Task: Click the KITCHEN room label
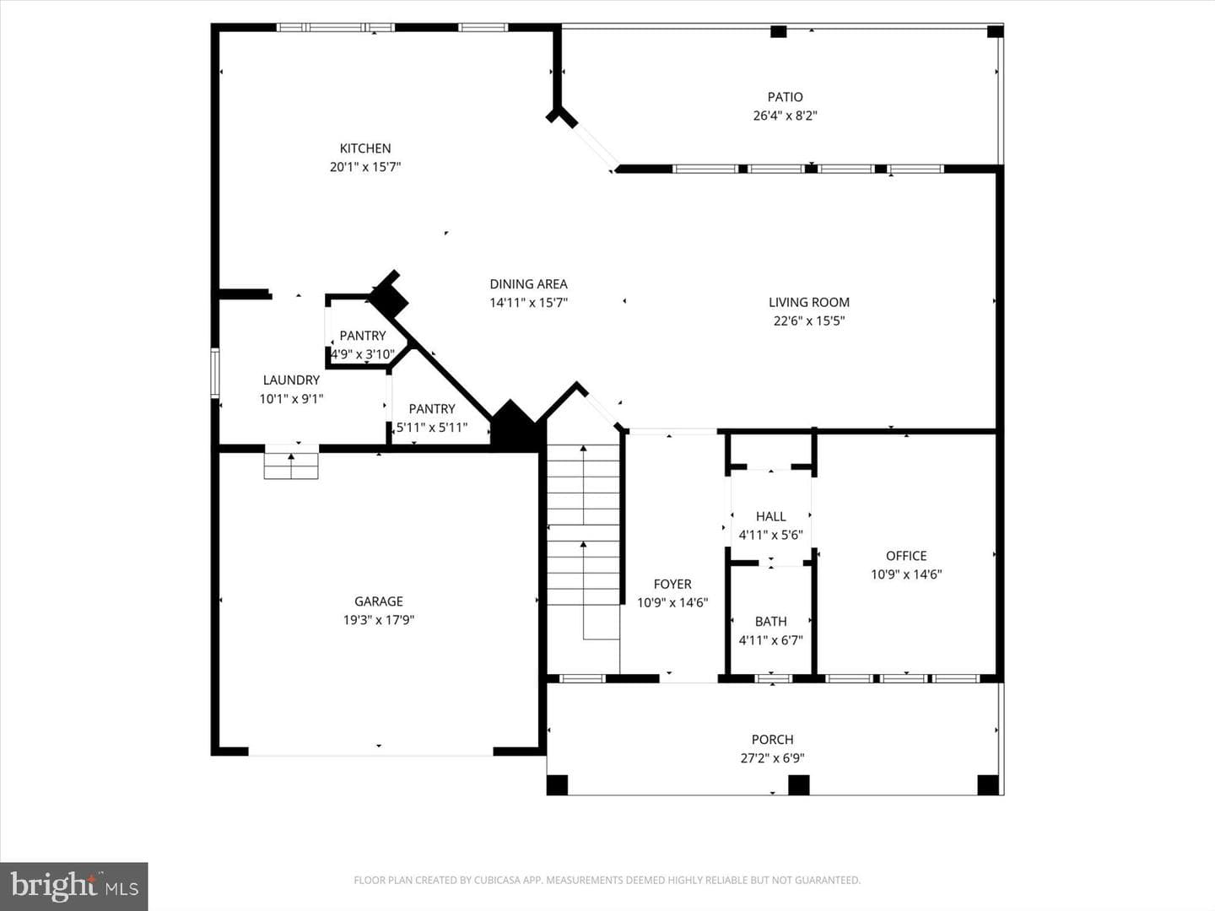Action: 365,148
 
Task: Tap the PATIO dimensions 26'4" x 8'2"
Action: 785,116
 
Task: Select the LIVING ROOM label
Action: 808,302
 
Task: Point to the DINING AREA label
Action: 529,283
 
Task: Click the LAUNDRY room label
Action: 291,380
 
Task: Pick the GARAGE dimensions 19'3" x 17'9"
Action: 379,620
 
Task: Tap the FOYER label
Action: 672,584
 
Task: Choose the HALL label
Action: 770,516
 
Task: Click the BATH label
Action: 770,622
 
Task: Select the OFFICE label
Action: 906,556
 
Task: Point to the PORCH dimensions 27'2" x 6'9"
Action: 772,757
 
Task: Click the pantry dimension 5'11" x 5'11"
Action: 432,428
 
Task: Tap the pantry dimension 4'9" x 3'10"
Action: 363,354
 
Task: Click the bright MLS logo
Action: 73,886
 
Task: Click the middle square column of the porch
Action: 798,784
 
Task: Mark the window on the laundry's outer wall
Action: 215,373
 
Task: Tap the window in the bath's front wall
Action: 773,678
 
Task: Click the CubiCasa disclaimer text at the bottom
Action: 607,880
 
